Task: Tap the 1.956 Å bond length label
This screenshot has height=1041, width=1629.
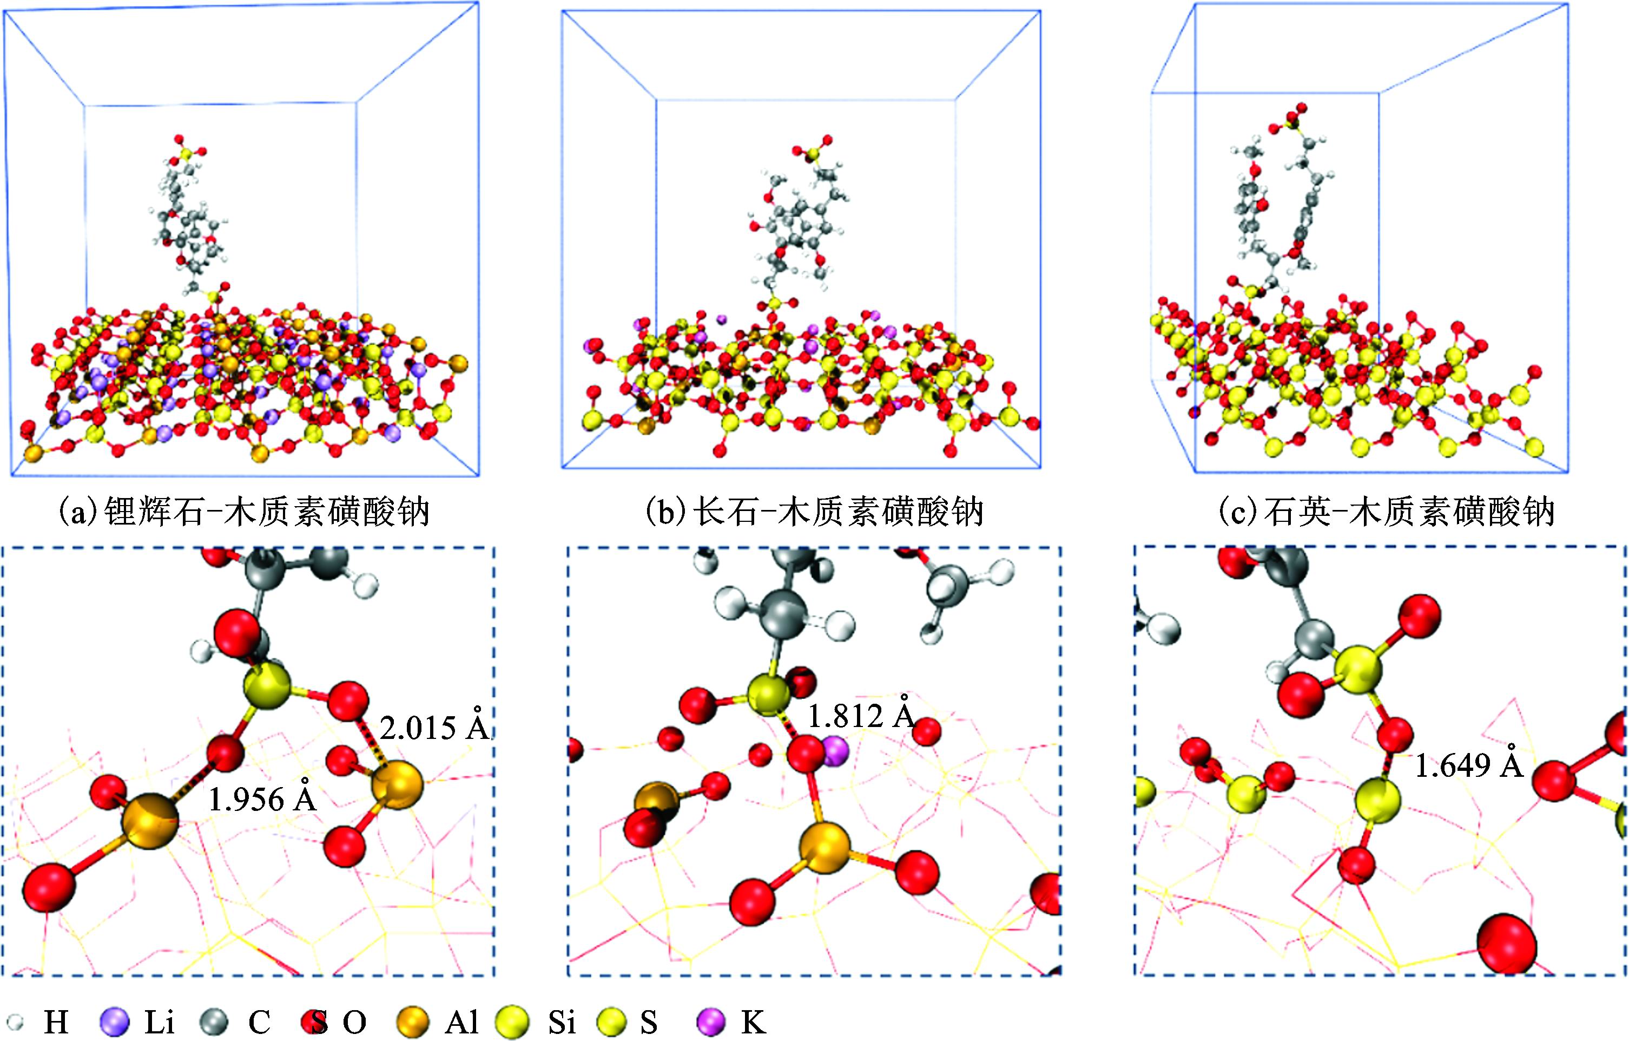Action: [262, 800]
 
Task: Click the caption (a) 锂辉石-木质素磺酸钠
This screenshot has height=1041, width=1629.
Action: [245, 513]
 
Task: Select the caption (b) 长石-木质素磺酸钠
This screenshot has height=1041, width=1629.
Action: [814, 513]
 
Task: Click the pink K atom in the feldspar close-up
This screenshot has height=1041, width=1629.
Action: [835, 750]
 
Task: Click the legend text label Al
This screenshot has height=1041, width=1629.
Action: [462, 1022]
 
